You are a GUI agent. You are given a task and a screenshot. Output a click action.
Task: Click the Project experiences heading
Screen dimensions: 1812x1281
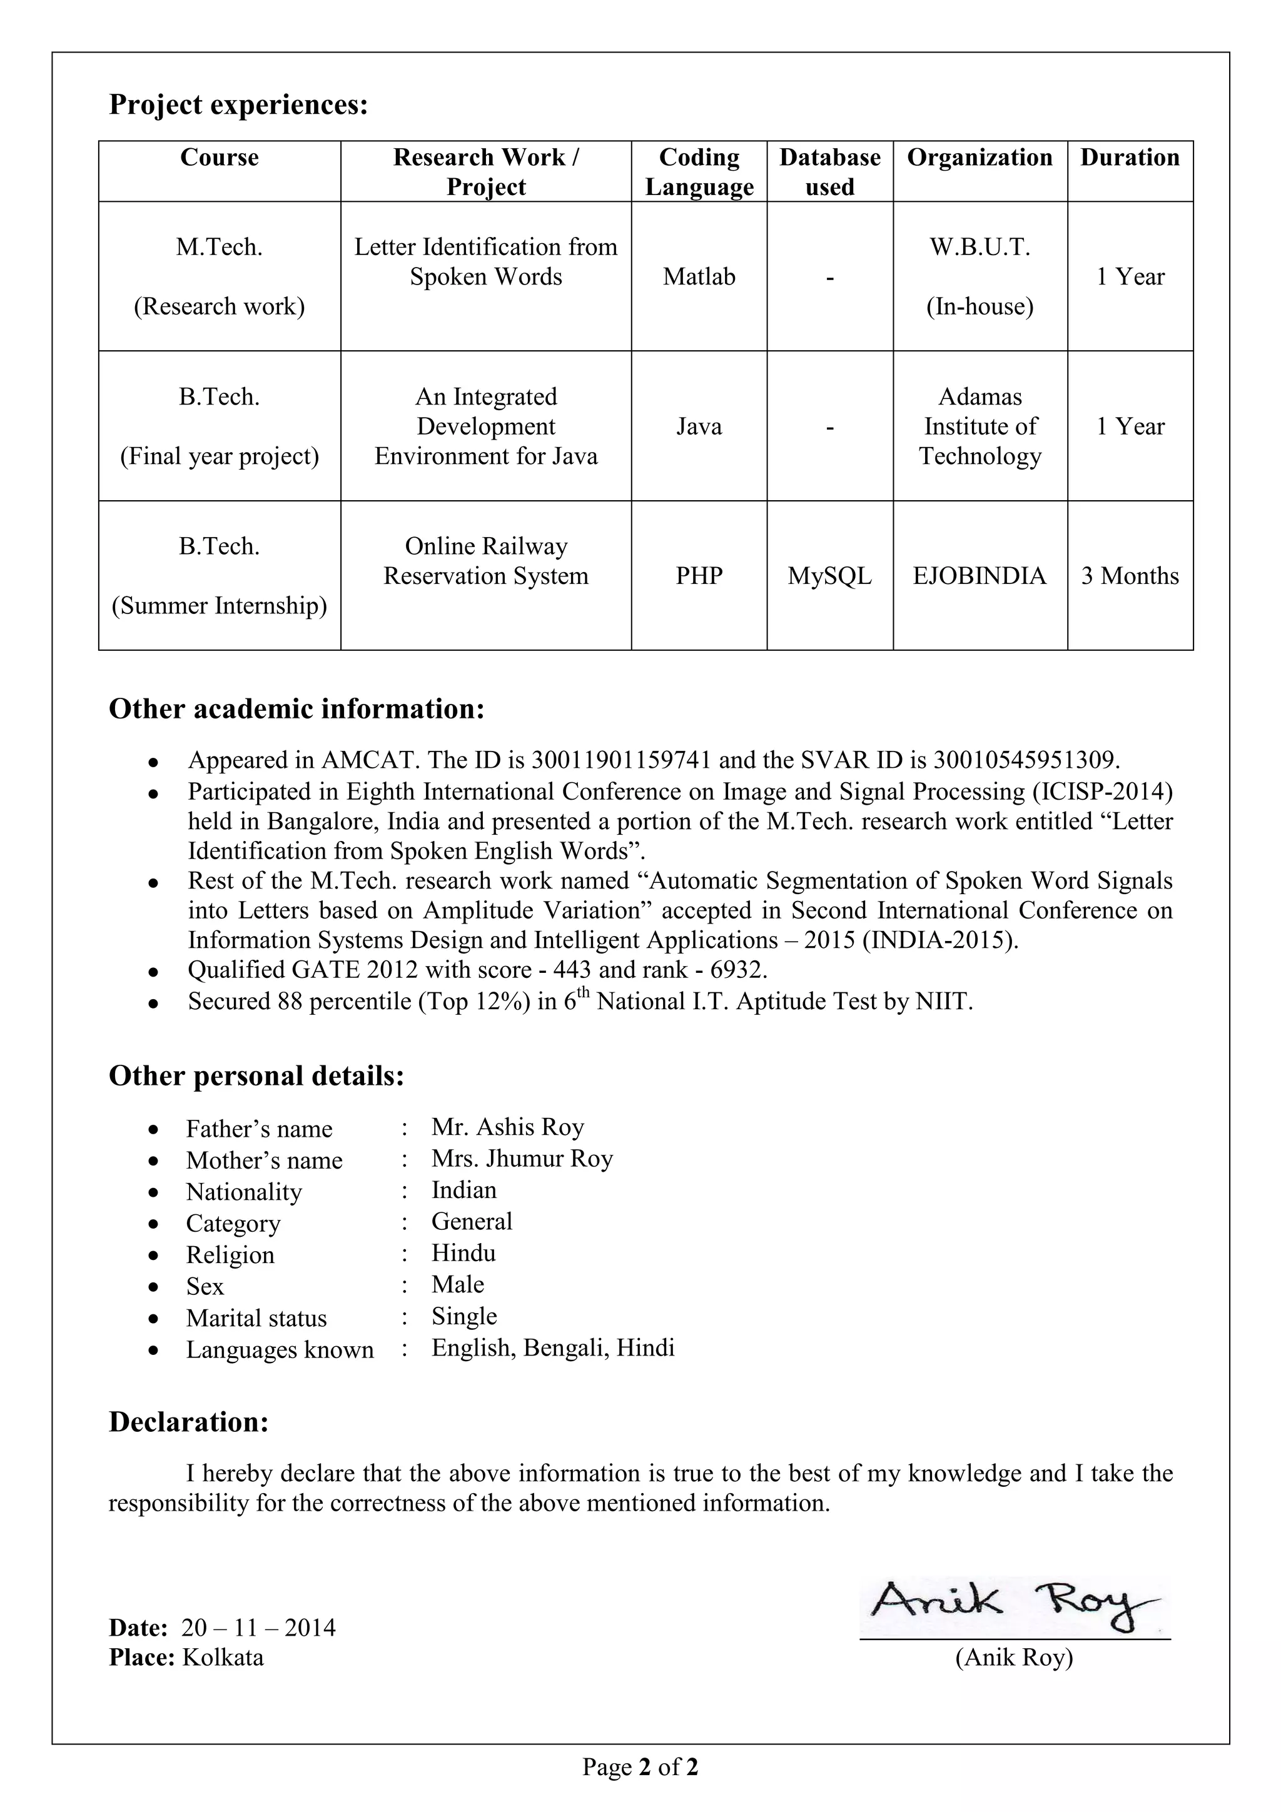coord(238,105)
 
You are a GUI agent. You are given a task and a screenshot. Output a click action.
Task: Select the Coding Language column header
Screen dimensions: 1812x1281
coord(699,172)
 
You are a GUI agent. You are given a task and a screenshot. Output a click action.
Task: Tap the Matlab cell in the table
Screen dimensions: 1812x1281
coord(699,277)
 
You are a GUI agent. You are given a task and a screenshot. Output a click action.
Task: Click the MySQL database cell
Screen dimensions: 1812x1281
coord(829,576)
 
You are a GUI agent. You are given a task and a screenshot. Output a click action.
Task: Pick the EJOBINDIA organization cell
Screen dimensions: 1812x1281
coord(980,576)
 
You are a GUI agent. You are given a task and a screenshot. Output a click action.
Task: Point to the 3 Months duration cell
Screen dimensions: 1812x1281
coord(1130,576)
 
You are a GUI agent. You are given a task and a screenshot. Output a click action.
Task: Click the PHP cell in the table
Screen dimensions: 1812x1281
coord(699,576)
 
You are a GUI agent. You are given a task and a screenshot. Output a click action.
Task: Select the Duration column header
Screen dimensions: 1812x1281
coord(1130,158)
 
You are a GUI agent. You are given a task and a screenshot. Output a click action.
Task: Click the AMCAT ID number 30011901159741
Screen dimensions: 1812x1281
coord(621,760)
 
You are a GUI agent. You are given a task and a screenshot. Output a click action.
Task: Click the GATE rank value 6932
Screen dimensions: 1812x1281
coord(737,969)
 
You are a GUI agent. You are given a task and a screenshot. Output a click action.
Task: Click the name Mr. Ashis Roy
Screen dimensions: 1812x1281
coord(507,1127)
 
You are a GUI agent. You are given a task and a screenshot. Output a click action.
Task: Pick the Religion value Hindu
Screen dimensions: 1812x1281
coord(463,1253)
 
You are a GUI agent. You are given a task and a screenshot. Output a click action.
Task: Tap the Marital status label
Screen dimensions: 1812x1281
coord(256,1318)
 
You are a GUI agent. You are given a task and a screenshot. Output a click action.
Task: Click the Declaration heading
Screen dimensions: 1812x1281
coord(189,1422)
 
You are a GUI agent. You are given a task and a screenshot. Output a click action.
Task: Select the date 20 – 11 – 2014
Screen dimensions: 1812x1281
coord(258,1628)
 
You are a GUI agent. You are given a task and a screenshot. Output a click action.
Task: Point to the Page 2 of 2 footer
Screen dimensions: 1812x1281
coord(640,1767)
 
